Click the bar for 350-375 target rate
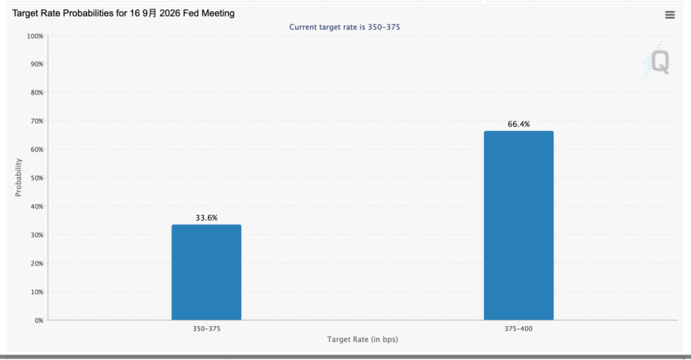[206, 272]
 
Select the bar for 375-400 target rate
[519, 226]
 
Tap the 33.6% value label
[207, 217]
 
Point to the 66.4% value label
[519, 124]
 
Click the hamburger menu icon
[670, 15]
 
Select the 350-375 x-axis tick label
[206, 329]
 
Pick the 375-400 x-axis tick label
[519, 329]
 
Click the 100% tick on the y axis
[35, 36]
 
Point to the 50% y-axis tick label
[36, 178]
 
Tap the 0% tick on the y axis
[39, 320]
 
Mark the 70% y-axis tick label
[36, 121]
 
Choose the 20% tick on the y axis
[36, 263]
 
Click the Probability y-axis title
[18, 178]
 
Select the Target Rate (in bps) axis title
[362, 340]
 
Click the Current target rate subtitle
[345, 27]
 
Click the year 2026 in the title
[170, 13]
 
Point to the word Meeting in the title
[218, 13]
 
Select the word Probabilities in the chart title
[88, 13]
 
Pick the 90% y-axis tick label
[36, 65]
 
